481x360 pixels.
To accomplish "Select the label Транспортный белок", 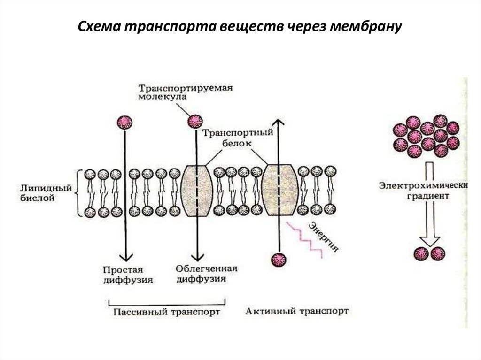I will (238, 138).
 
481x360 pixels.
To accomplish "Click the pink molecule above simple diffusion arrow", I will (125, 123).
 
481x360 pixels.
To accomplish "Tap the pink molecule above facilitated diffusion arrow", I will (194, 123).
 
